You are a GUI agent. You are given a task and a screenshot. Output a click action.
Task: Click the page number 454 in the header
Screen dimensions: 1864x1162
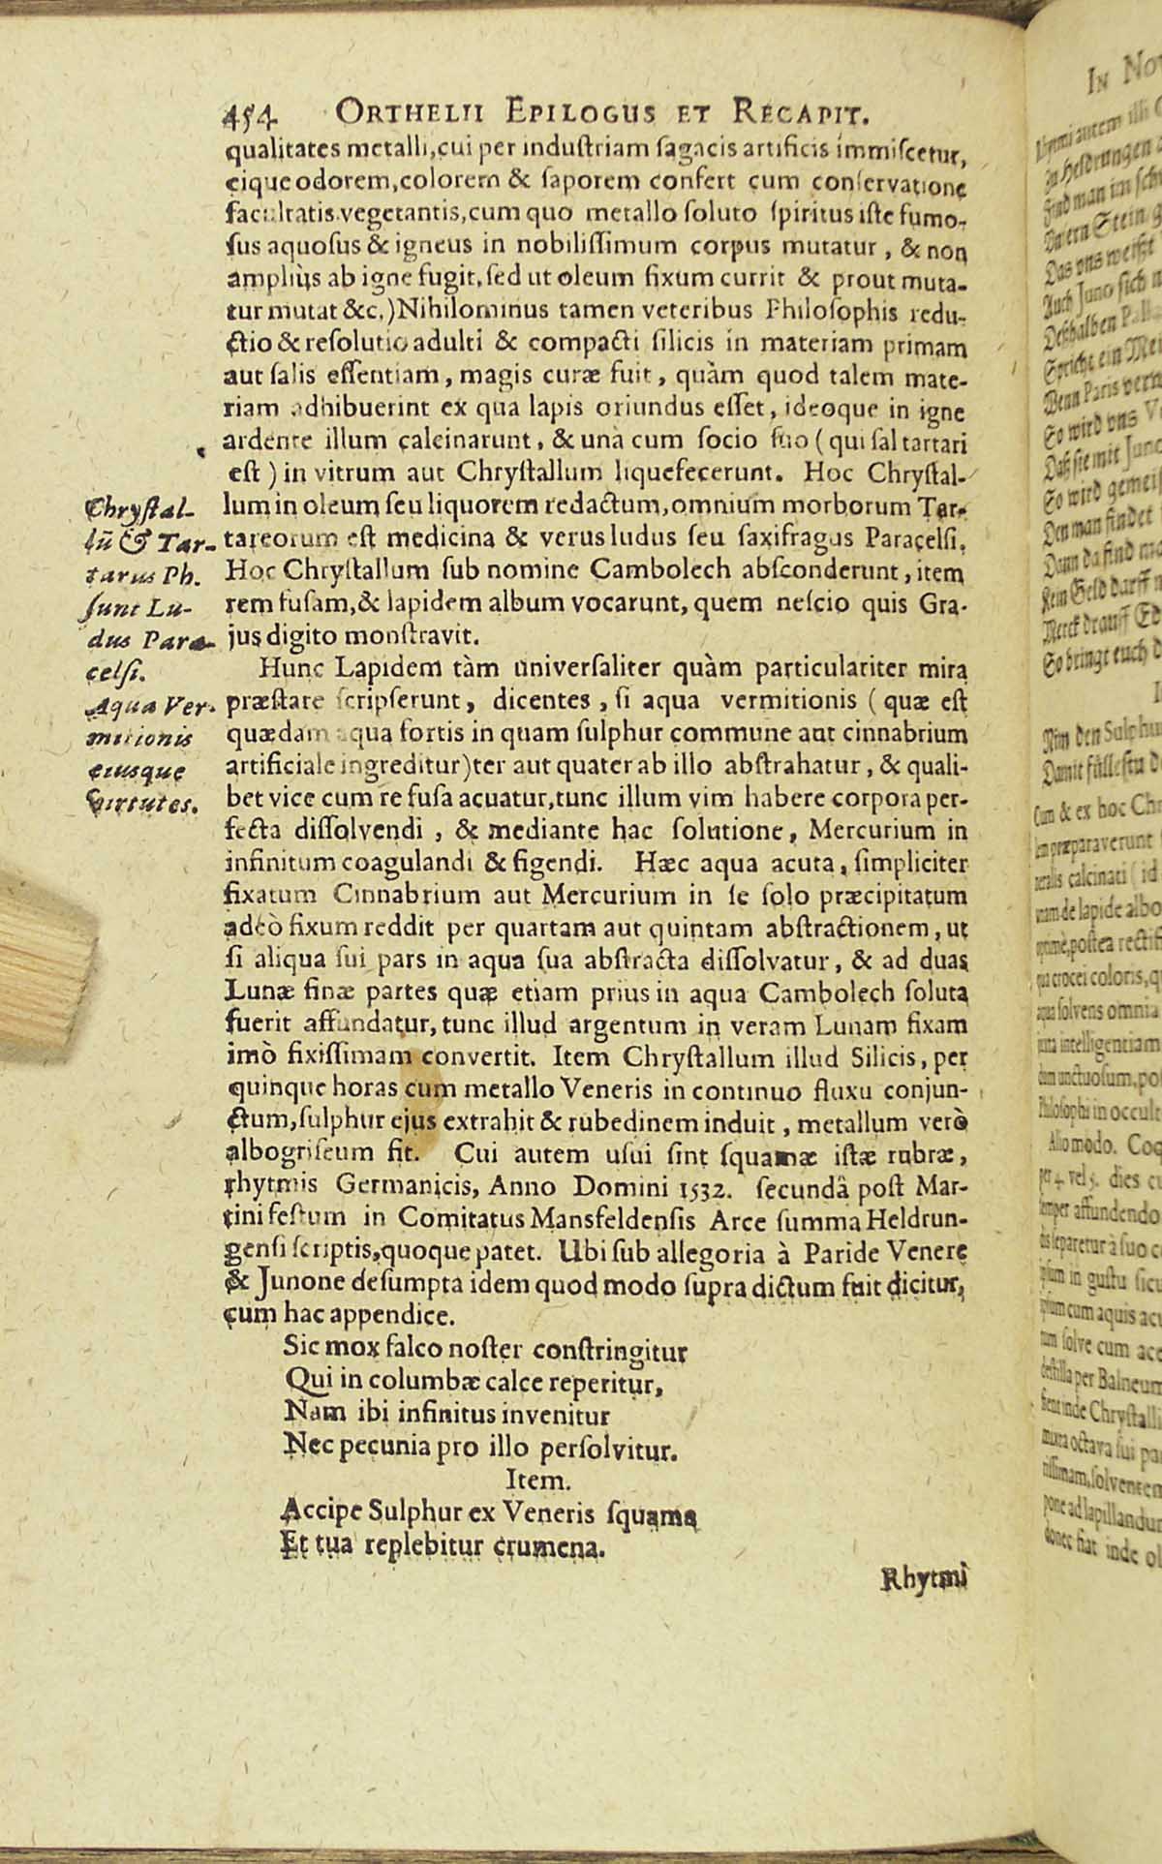point(251,113)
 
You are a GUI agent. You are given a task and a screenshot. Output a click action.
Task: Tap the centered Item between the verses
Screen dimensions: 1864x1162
point(533,1481)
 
